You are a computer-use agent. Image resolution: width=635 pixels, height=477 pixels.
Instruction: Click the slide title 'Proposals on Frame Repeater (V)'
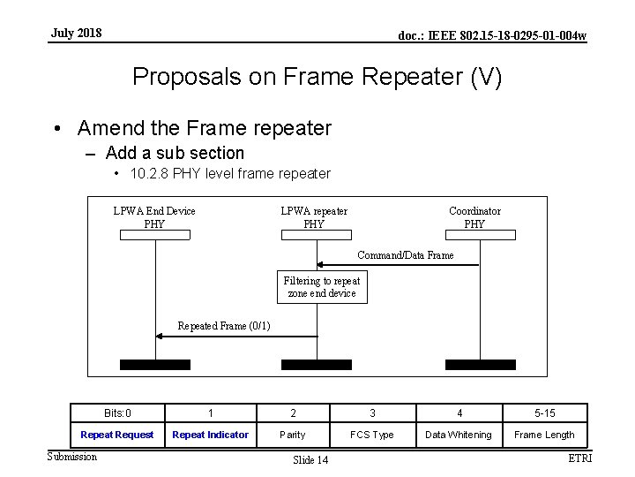[317, 77]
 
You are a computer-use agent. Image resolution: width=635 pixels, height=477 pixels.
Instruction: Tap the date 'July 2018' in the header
[76, 34]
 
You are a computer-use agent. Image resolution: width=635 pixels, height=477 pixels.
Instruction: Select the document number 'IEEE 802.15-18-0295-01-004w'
[492, 35]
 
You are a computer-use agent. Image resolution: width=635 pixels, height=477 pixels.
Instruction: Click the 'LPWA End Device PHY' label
[154, 217]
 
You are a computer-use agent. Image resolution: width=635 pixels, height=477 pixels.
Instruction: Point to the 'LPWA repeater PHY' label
[314, 217]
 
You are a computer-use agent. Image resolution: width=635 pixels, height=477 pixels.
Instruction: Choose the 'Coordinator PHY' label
[474, 217]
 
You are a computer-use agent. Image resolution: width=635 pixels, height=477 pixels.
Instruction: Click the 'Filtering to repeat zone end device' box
[322, 287]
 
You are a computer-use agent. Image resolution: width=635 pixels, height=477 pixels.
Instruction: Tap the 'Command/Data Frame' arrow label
[406, 255]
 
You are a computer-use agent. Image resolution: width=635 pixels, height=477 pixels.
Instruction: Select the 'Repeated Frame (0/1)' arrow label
[224, 326]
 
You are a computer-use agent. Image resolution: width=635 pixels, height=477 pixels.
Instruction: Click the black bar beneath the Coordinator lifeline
[480, 364]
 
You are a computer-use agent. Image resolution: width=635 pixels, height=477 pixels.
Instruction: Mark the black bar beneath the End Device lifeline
[154, 364]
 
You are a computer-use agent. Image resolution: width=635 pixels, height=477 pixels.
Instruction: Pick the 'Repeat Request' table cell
[117, 435]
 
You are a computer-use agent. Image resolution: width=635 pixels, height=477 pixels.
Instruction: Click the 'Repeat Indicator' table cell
[211, 435]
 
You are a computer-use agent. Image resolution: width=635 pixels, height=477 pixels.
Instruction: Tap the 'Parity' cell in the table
[293, 435]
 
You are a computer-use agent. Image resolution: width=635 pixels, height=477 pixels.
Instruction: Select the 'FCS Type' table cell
[372, 435]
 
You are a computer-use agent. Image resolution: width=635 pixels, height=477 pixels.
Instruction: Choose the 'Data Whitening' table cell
[459, 435]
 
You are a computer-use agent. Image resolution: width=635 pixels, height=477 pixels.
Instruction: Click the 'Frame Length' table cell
[544, 435]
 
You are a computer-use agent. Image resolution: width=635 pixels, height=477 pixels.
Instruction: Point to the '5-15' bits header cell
[544, 413]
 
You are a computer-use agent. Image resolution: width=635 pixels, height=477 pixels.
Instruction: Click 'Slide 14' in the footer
[310, 460]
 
